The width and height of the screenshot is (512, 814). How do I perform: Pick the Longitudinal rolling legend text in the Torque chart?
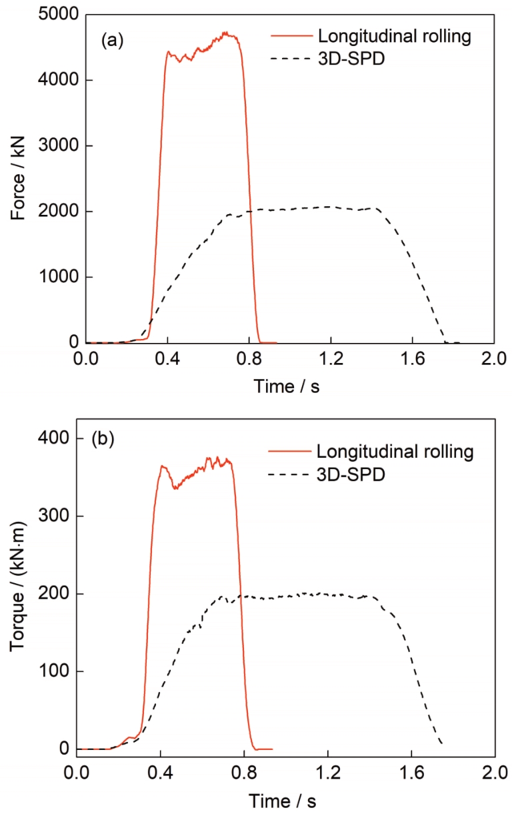pos(395,452)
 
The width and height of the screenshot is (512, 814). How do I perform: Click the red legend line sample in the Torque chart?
pos(289,452)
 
